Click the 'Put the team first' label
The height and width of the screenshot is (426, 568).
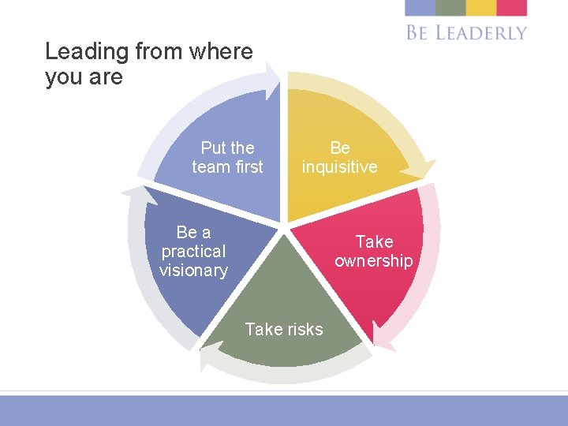click(227, 157)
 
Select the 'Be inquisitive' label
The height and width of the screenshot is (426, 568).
click(339, 157)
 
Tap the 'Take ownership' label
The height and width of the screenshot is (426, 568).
click(373, 251)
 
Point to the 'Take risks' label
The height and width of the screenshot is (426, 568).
click(284, 329)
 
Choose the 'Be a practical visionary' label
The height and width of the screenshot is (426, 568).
click(193, 251)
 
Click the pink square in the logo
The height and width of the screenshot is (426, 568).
click(512, 8)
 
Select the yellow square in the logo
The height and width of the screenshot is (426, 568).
click(480, 8)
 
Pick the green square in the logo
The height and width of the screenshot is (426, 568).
click(450, 8)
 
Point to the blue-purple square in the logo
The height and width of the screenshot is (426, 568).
click(420, 8)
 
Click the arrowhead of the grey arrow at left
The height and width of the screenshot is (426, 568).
click(131, 192)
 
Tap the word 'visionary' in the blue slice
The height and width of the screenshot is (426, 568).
click(193, 271)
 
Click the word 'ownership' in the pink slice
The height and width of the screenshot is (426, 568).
click(373, 261)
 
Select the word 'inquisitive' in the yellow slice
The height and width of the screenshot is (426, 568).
click(339, 167)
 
